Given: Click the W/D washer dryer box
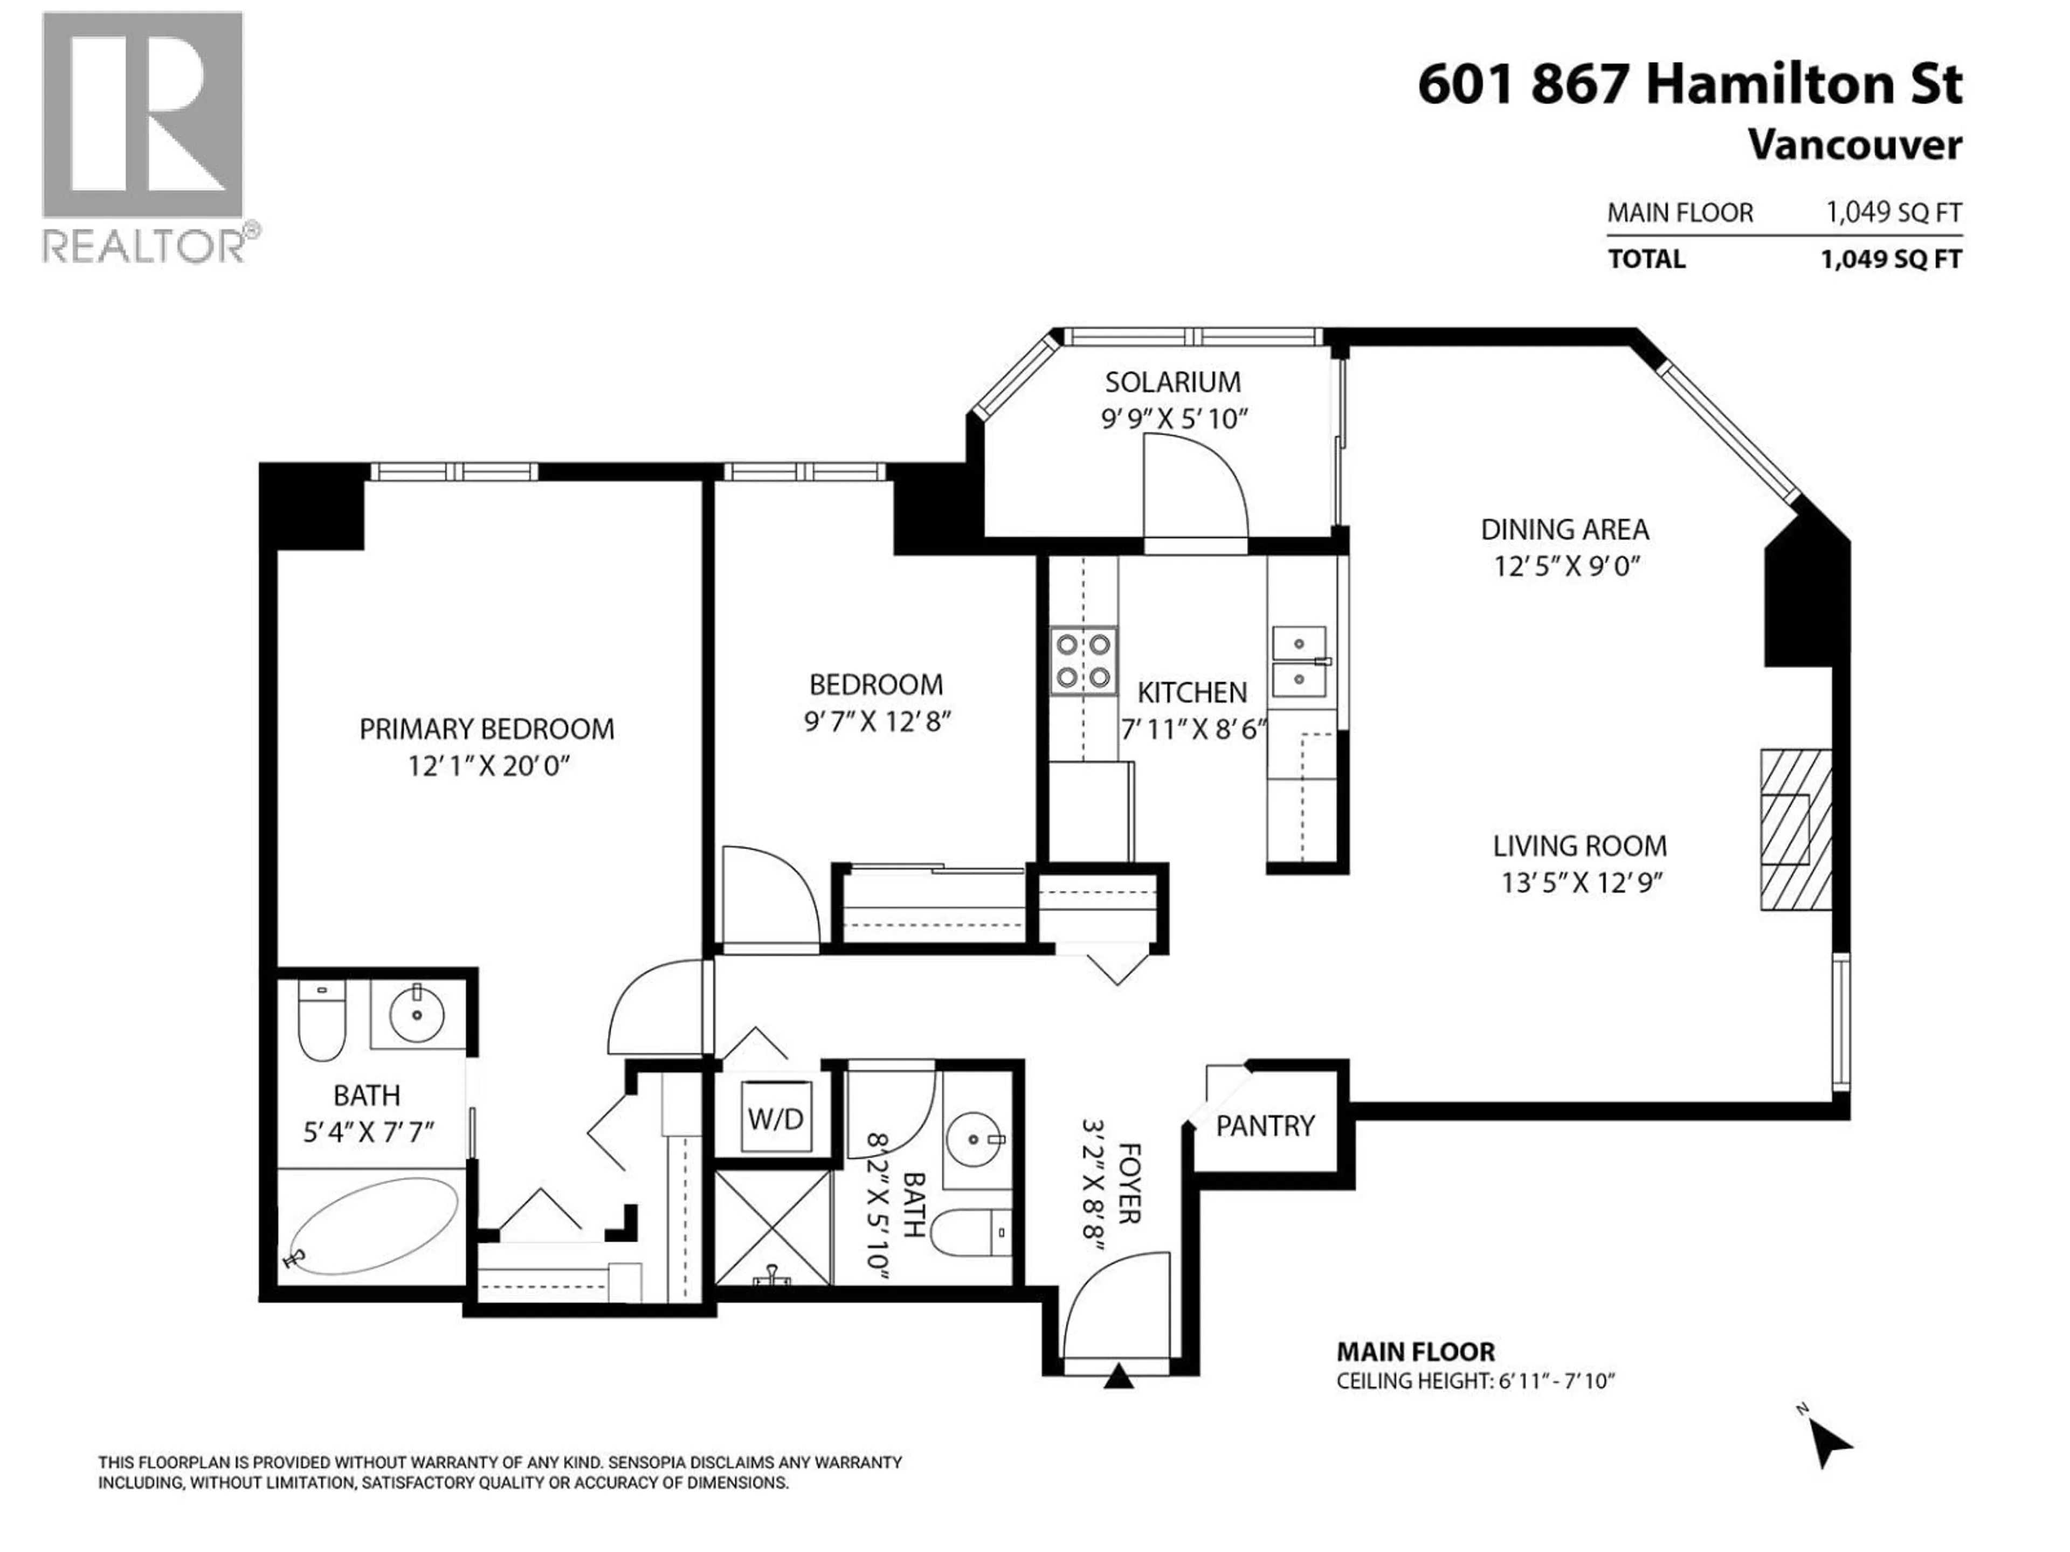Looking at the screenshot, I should tap(776, 1119).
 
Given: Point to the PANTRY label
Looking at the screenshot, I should tap(1265, 1125).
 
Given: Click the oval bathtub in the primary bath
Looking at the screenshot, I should tap(371, 1225).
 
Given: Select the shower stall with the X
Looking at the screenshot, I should tap(772, 1228).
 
